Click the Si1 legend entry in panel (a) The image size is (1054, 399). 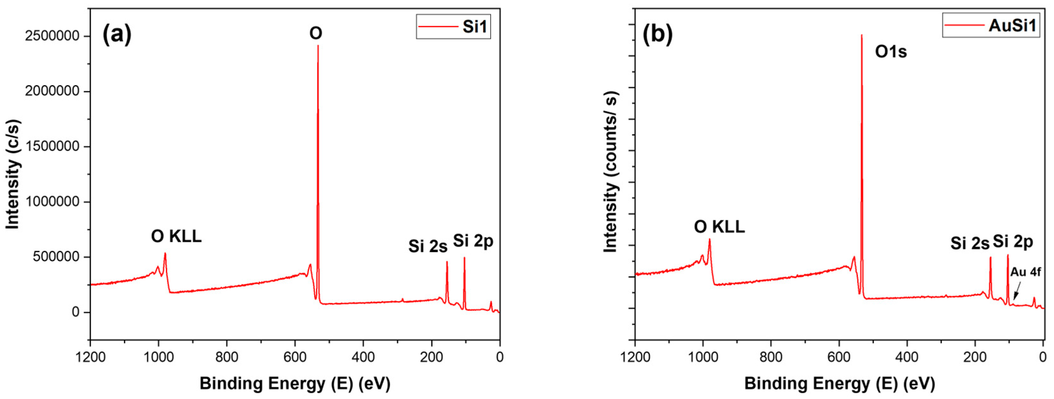point(453,27)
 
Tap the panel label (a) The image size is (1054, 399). point(117,34)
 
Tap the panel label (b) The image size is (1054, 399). point(657,34)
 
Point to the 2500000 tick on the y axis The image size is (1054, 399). point(52,36)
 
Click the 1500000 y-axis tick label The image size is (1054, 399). point(52,147)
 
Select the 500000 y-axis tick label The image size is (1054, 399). point(56,257)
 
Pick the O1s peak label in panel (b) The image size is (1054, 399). point(891,52)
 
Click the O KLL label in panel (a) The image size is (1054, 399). point(176,237)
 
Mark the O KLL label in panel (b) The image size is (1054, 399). point(719,227)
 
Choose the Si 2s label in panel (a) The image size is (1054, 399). point(428,246)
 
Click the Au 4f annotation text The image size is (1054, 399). point(1025,272)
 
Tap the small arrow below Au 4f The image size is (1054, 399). point(1016,293)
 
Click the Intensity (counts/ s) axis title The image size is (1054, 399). point(611,172)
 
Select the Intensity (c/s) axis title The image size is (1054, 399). point(13,174)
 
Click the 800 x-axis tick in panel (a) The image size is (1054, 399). point(227,357)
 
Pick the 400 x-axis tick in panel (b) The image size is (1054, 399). point(907,357)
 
